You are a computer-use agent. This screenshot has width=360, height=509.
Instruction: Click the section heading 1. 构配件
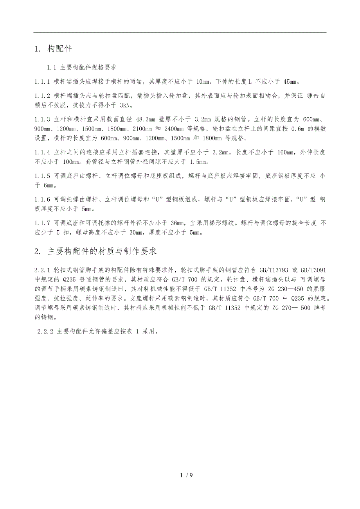tap(53, 49)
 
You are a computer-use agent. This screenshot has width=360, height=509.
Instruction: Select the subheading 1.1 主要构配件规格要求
tap(82, 68)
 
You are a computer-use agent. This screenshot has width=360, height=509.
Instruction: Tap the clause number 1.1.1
tap(42, 82)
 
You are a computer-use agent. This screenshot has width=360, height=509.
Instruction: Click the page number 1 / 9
tap(187, 475)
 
